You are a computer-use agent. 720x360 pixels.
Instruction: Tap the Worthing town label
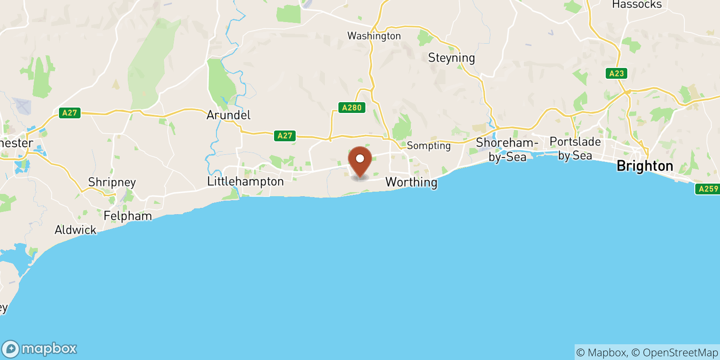coord(411,182)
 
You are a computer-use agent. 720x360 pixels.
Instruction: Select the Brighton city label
coord(645,166)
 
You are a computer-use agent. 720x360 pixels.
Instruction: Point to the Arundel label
coord(229,115)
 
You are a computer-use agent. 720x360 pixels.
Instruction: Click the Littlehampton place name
coord(245,181)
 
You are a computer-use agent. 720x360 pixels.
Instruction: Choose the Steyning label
coord(451,58)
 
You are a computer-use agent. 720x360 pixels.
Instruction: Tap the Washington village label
coord(374,36)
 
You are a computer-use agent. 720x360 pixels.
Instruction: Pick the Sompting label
coord(428,146)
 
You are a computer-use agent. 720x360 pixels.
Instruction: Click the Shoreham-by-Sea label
coord(507,150)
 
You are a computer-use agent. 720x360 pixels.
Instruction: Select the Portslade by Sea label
coord(575,148)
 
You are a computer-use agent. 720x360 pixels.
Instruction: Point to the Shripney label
coord(112,182)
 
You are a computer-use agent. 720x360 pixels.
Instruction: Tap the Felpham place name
coord(128,216)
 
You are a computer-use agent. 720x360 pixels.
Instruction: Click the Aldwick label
coord(76,230)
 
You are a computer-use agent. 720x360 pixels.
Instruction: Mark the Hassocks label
coord(637,5)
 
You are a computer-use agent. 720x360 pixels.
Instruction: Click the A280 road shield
coord(352,108)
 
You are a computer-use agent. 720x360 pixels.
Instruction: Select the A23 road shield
coord(616,73)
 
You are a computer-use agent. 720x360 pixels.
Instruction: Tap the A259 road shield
coord(708,189)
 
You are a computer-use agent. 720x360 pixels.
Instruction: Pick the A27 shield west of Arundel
coord(70,113)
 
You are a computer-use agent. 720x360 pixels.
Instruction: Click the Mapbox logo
coord(40,349)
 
